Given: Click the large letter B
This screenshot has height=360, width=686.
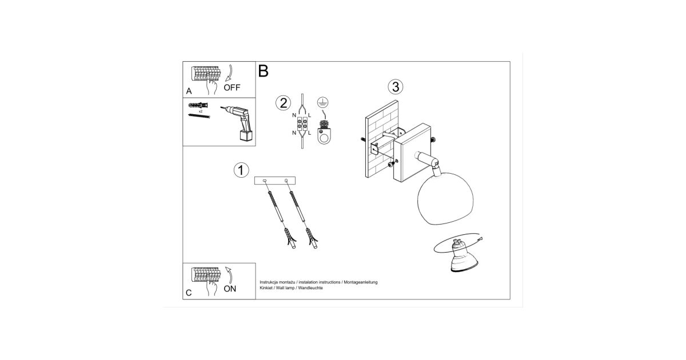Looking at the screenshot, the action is (x=264, y=71).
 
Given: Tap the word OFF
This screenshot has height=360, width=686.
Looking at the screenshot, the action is (x=232, y=87).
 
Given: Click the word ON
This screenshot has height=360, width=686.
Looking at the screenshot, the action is (x=230, y=289).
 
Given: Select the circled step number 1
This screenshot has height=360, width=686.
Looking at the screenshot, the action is (x=241, y=170).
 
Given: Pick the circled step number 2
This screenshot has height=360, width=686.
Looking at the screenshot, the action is (x=284, y=103).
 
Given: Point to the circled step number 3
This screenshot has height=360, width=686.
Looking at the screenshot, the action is (x=396, y=87).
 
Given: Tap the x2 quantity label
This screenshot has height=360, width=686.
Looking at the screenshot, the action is (x=201, y=111).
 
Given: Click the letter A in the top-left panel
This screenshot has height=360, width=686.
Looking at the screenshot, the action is (x=189, y=91).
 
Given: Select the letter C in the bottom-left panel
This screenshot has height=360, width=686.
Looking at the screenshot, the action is (x=189, y=293).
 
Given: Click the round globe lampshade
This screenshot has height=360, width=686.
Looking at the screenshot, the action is (x=445, y=198).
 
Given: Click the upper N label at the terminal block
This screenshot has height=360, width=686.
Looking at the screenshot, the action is (x=294, y=115).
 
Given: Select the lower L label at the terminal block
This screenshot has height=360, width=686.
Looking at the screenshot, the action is (x=310, y=133).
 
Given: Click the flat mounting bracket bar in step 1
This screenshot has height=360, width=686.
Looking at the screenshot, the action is (x=275, y=181).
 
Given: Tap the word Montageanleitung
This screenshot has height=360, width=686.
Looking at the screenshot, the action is (x=361, y=282).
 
